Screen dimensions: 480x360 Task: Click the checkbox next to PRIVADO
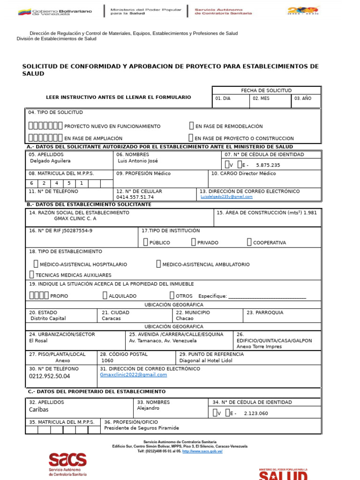point(194,242)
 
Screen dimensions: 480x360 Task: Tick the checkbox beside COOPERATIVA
point(249,242)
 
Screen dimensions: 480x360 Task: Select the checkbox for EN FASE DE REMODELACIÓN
point(191,126)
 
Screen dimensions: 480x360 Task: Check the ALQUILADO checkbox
point(105,295)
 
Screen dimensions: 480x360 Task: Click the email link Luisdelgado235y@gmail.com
point(226,197)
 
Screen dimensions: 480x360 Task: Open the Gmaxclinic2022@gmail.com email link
point(134,375)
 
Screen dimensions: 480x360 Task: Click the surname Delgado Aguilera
point(50,161)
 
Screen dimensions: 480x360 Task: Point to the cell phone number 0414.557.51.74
point(135,197)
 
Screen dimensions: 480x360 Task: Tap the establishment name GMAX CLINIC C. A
point(75,218)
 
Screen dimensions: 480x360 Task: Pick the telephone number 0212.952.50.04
point(49,376)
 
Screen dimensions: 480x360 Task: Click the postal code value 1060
point(107,360)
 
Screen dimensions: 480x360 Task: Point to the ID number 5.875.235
point(268,165)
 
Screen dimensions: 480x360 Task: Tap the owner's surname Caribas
point(39,410)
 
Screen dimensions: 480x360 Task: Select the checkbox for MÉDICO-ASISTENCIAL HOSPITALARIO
point(36,264)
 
